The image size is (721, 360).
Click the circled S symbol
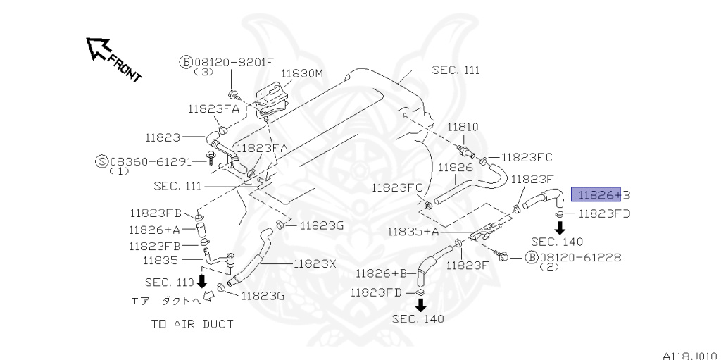101,161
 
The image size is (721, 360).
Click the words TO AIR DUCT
192,324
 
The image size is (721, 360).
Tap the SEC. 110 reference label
169,282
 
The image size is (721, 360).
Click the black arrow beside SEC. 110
202,282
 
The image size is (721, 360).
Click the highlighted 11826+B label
601,194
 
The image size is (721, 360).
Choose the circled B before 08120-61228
532,257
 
